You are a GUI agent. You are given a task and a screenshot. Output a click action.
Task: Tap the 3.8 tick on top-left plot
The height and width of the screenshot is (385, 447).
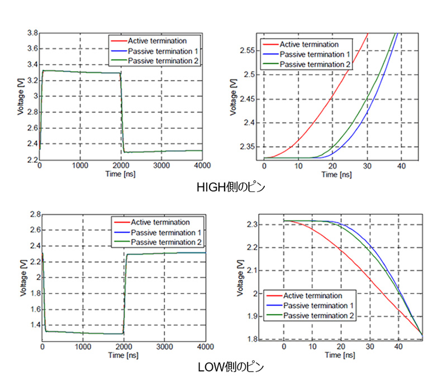32,33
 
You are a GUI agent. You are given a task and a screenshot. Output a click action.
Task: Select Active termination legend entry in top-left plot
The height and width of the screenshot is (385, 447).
157,40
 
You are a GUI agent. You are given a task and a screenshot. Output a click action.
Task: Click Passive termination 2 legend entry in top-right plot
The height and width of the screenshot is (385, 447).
315,65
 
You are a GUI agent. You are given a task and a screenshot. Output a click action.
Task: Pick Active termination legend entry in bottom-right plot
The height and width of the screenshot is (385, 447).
312,295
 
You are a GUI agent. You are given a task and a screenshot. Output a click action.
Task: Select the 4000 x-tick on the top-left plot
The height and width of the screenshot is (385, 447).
202,166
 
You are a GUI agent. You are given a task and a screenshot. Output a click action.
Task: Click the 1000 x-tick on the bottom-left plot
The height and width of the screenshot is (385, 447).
83,347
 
